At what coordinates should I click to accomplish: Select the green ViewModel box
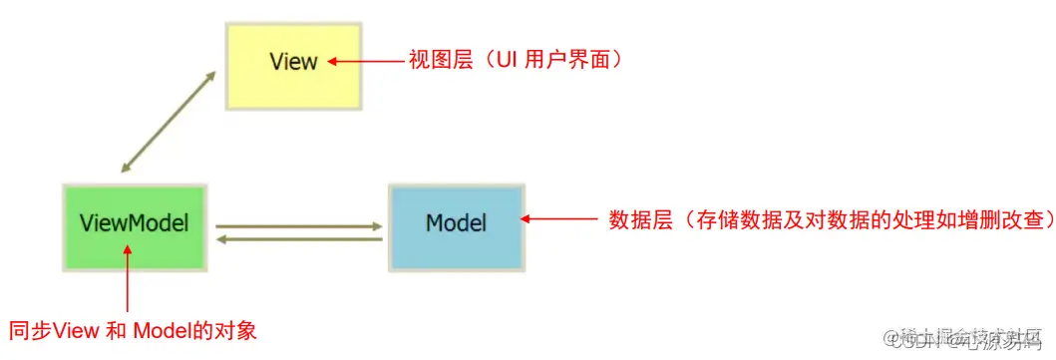tap(135, 224)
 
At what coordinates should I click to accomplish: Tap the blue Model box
tap(456, 224)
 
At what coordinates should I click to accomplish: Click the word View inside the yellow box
tap(293, 62)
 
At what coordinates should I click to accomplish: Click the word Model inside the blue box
tap(456, 222)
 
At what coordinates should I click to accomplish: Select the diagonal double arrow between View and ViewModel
tap(168, 122)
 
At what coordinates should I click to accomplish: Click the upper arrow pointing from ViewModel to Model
tap(299, 226)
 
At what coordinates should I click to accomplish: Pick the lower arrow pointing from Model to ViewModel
tap(299, 239)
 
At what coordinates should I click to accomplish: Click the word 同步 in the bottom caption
tap(30, 330)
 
